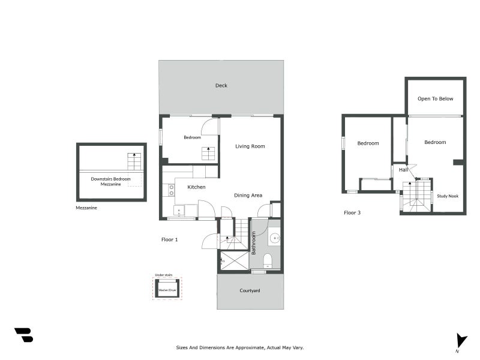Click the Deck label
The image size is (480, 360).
coord(221,86)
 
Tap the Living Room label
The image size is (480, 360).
coord(250,146)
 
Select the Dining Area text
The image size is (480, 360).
coord(248,196)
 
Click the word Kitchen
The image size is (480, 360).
coord(196,187)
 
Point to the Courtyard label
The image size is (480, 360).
coord(250,291)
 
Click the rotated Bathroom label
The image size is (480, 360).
coord(254,243)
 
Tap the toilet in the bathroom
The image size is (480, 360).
coord(268,260)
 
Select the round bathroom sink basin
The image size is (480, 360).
coord(274,238)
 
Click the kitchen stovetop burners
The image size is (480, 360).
coord(171,190)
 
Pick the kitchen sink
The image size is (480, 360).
coord(179,211)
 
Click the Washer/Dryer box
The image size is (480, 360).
coord(167,289)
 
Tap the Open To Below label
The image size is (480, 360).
coord(436,99)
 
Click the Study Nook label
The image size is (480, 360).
coord(448,196)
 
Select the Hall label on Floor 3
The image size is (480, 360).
coord(403,170)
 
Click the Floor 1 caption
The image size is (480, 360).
coord(170,240)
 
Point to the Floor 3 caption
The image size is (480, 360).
coord(352,213)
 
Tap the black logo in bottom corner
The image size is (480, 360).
coord(24,335)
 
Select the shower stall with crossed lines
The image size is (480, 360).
coord(234,260)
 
